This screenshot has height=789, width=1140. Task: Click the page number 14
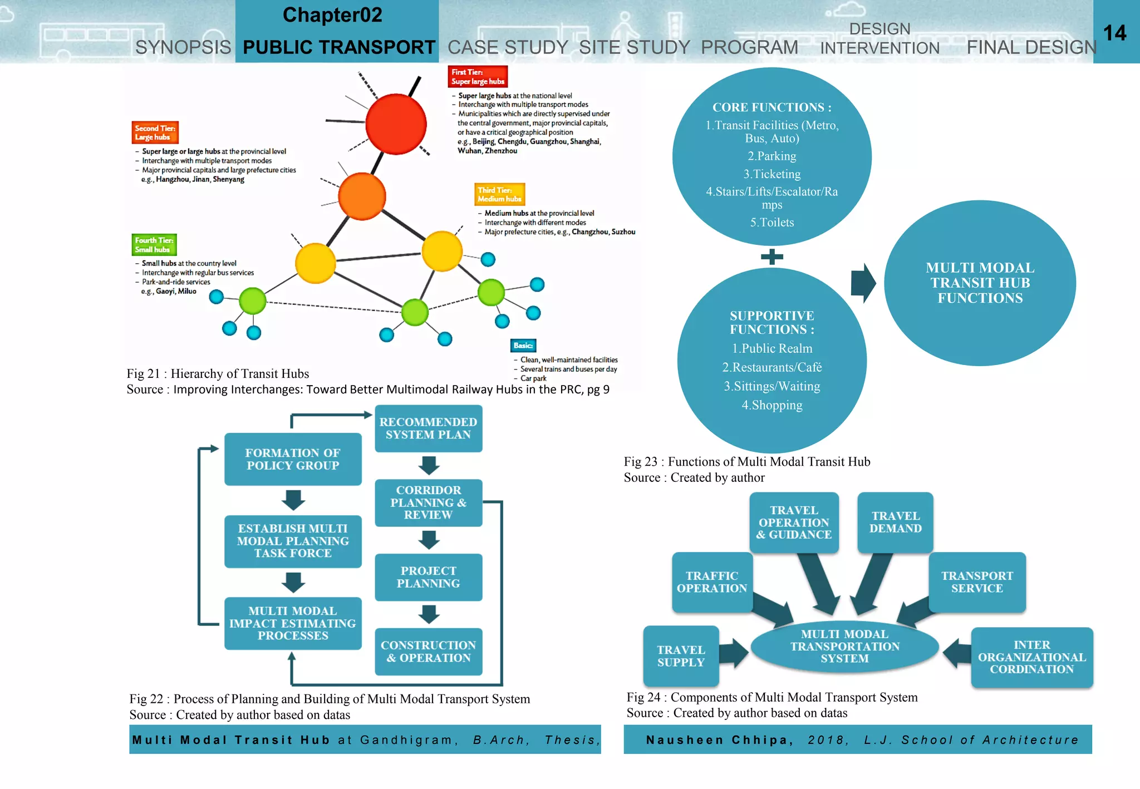click(x=1114, y=33)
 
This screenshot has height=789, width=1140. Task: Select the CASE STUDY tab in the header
click(x=508, y=47)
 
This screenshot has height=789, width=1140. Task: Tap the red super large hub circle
click(x=396, y=124)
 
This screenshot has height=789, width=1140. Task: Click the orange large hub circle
click(x=362, y=196)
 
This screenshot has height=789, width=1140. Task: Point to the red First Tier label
click(x=478, y=77)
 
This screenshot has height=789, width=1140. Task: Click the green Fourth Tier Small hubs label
click(x=154, y=245)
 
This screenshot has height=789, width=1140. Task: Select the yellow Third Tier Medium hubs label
click(x=499, y=194)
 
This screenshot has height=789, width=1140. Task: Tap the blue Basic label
click(x=523, y=346)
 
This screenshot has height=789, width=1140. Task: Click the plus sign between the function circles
click(x=772, y=257)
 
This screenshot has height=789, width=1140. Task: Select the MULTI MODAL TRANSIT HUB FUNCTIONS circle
click(x=980, y=283)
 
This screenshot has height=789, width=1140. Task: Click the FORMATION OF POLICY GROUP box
click(x=293, y=459)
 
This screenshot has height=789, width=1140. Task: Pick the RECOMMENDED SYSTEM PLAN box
click(x=428, y=428)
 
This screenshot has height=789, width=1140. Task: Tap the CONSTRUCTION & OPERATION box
click(x=428, y=652)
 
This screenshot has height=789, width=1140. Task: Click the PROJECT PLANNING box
click(x=428, y=577)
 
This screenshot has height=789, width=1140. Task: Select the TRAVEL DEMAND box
click(x=895, y=522)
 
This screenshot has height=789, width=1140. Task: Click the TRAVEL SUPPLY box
click(x=681, y=656)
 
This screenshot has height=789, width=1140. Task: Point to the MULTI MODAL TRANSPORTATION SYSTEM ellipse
click(x=844, y=646)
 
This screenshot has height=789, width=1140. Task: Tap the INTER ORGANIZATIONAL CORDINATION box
click(x=1031, y=657)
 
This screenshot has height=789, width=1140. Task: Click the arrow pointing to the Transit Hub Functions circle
click(x=863, y=283)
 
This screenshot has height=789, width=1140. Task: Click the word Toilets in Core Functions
click(x=777, y=223)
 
